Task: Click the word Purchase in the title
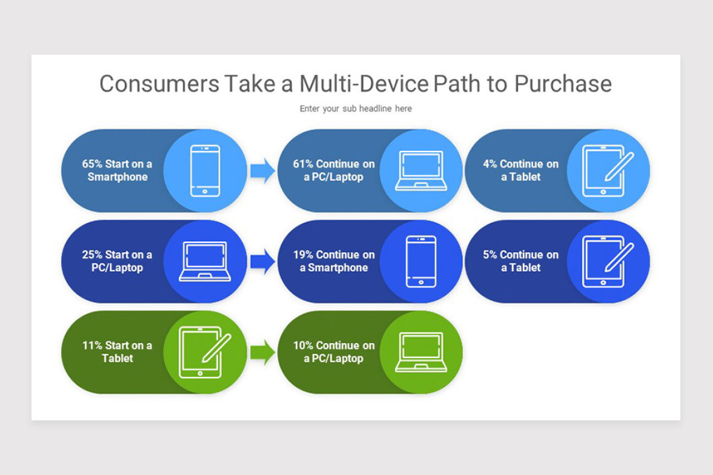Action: click(x=563, y=84)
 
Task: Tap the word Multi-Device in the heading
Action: click(x=364, y=84)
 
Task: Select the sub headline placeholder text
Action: click(x=356, y=109)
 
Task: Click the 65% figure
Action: click(x=92, y=164)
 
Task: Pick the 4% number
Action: click(x=490, y=164)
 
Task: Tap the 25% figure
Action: click(x=92, y=255)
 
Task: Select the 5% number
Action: click(x=490, y=255)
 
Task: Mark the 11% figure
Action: click(x=92, y=345)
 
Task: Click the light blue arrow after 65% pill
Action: click(x=263, y=171)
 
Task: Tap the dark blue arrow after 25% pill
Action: click(x=263, y=261)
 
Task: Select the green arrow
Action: click(x=263, y=352)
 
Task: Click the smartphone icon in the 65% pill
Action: click(x=205, y=171)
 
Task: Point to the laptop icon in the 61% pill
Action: click(x=421, y=171)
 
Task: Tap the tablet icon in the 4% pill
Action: click(x=607, y=171)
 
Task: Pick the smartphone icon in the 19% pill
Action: click(x=421, y=261)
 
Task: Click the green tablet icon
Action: click(x=204, y=352)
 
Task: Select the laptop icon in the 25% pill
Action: click(x=205, y=261)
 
